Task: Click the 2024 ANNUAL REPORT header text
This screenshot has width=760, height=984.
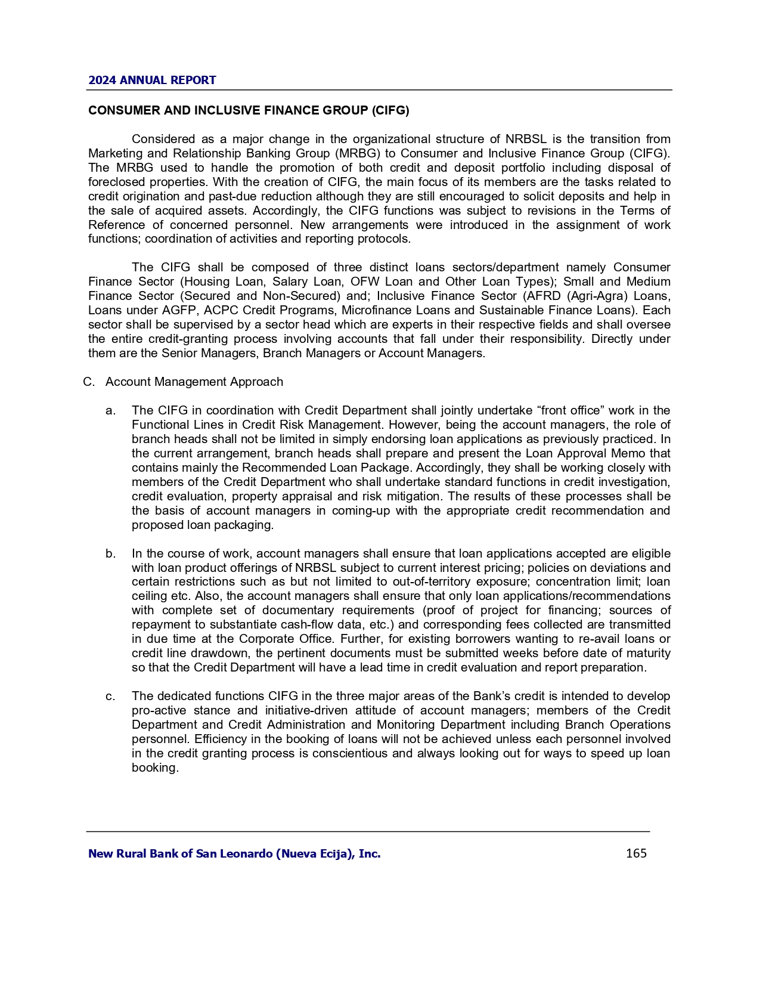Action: (x=152, y=81)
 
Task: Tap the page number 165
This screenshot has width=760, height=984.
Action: (x=636, y=853)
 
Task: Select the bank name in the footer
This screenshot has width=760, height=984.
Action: (x=234, y=854)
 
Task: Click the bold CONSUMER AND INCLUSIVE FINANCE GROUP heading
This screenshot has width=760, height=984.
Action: (x=249, y=110)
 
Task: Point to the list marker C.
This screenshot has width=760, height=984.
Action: (x=89, y=382)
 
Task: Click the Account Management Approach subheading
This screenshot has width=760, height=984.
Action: (x=194, y=382)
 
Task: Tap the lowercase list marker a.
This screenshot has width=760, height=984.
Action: (x=110, y=410)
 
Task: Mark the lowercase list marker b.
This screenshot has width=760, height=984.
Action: (x=110, y=553)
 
